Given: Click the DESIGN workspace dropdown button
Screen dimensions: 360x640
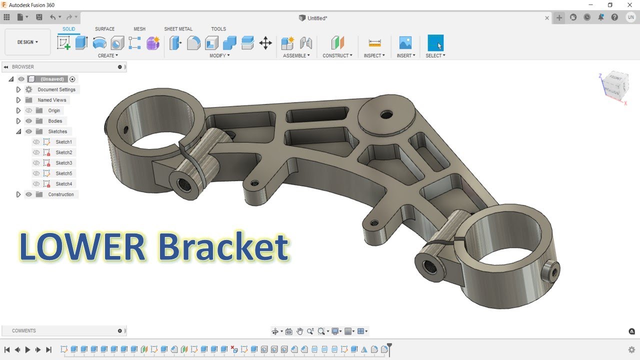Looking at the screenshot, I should (x=27, y=42).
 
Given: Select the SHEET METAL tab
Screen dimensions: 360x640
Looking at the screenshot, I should (x=178, y=29).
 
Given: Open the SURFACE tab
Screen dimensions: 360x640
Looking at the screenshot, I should (x=104, y=29).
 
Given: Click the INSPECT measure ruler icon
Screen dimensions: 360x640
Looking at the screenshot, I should (x=374, y=43).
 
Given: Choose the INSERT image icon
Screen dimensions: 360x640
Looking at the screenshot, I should (x=405, y=43).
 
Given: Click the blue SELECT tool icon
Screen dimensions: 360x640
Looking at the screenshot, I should (x=435, y=43).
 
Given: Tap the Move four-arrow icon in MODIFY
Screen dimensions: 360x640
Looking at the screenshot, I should (x=265, y=43).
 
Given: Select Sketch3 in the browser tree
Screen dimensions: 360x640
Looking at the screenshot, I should (x=63, y=163).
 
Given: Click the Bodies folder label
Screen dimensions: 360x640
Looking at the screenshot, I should (x=55, y=121).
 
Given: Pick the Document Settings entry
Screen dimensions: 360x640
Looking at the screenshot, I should (x=56, y=89).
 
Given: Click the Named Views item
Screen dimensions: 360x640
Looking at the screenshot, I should (x=52, y=100).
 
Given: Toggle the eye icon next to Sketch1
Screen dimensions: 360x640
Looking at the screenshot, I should (x=36, y=142).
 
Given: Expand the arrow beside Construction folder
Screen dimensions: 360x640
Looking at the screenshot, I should (x=18, y=194).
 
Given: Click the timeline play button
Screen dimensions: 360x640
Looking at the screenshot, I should (x=27, y=350).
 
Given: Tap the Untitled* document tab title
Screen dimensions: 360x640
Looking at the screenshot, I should (x=317, y=18).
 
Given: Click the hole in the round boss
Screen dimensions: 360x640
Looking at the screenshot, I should (x=385, y=115).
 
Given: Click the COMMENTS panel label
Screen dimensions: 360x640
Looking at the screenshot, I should (x=24, y=330).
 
